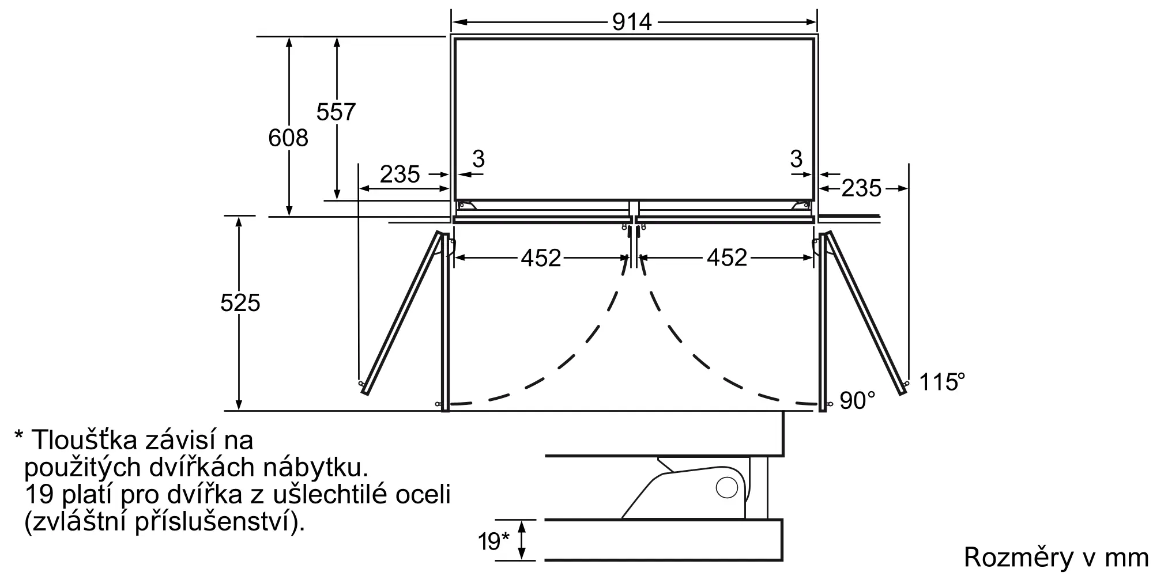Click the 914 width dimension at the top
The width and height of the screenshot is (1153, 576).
tap(632, 22)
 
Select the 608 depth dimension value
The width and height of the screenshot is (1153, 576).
tap(288, 138)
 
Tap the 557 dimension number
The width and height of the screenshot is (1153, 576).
tap(336, 111)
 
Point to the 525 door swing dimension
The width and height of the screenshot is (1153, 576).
tap(240, 302)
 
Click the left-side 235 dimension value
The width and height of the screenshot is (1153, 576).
tap(400, 174)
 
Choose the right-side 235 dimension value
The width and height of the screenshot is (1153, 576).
tap(861, 188)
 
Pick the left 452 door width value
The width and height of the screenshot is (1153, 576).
tap(541, 257)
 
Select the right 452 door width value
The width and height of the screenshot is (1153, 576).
tap(727, 257)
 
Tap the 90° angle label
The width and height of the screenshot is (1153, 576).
tap(857, 400)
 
